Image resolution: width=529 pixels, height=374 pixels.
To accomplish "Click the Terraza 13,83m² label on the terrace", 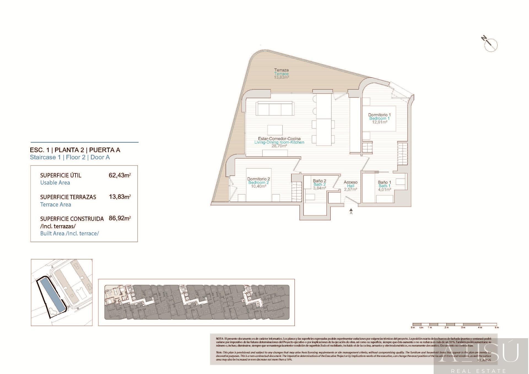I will click(281, 74).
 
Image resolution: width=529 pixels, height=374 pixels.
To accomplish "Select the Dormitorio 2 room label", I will click(258, 182).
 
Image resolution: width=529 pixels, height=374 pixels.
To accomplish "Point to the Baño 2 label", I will click(319, 184).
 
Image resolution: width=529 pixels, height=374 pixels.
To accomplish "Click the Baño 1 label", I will click(384, 186).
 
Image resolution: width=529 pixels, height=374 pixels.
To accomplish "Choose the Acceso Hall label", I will click(350, 185).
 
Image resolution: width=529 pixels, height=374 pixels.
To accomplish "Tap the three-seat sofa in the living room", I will click(274, 108).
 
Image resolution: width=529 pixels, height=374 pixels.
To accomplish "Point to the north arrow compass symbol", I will click(491, 45).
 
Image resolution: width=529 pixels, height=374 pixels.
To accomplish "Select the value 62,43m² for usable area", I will click(120, 175).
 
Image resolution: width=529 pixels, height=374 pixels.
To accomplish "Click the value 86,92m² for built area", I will click(120, 218).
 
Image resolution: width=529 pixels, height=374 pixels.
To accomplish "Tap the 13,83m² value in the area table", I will click(120, 197).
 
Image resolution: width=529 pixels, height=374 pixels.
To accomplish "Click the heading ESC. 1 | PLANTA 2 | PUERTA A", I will click(75, 150).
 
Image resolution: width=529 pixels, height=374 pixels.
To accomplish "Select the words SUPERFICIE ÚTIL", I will click(61, 175).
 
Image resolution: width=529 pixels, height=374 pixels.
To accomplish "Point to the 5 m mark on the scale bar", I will click(497, 327).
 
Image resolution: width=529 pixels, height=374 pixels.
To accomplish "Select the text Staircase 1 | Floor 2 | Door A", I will click(70, 157).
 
